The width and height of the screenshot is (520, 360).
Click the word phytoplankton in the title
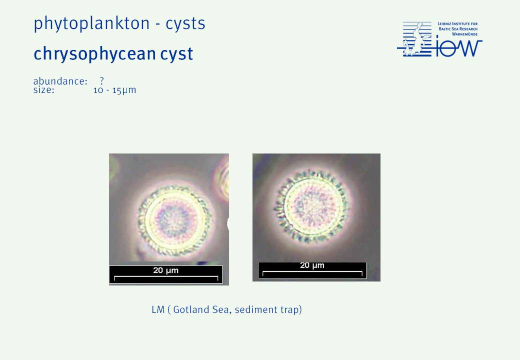click(91, 24)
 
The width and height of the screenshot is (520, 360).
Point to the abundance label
click(60, 81)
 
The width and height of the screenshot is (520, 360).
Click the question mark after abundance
click(102, 81)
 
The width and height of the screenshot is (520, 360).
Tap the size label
click(43, 90)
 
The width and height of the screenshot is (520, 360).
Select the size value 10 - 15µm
click(114, 90)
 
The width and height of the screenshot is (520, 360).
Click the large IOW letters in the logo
click(459, 47)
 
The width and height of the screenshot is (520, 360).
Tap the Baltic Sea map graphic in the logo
click(414, 39)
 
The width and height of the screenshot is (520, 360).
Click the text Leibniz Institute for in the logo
click(457, 24)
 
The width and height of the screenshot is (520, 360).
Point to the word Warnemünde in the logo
click(464, 34)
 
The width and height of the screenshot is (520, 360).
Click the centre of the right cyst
click(311, 206)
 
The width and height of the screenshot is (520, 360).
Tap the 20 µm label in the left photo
click(166, 270)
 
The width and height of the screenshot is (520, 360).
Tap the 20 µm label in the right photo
click(312, 265)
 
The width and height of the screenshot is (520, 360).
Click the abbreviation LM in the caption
click(158, 309)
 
